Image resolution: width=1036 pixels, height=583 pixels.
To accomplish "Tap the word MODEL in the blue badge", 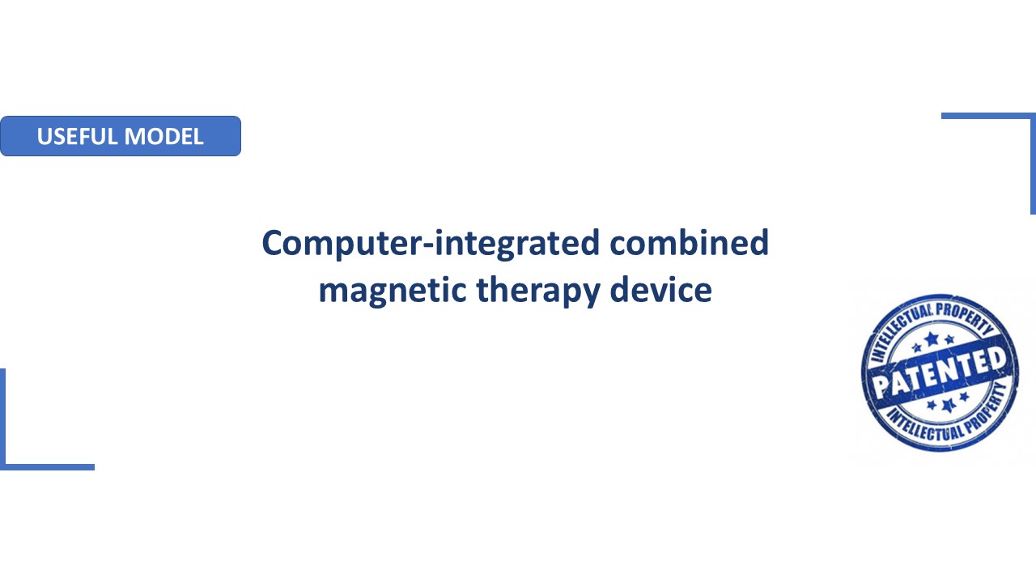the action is pyautogui.click(x=163, y=137).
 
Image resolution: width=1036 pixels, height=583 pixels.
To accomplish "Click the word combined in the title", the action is pyautogui.click(x=689, y=242).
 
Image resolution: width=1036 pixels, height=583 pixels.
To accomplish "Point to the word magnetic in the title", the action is pyautogui.click(x=393, y=291).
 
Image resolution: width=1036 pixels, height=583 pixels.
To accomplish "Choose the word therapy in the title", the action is pyautogui.click(x=538, y=291).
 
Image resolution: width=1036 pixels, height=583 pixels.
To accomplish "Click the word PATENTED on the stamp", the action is pyautogui.click(x=940, y=372).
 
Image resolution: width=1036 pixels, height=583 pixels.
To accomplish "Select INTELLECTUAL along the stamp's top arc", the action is pyautogui.click(x=899, y=331).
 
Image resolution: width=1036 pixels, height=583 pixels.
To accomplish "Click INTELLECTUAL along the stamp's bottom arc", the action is pyautogui.click(x=923, y=426).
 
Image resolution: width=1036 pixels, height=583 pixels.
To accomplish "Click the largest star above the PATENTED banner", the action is pyautogui.click(x=932, y=339).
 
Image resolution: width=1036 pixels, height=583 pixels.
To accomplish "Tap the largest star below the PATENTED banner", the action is pyautogui.click(x=949, y=406).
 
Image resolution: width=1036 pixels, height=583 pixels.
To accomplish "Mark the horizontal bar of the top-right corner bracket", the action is pyautogui.click(x=988, y=116).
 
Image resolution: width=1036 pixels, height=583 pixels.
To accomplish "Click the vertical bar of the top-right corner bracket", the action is pyautogui.click(x=1034, y=164).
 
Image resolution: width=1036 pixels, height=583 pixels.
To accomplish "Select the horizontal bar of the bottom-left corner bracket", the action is pyautogui.click(x=47, y=467).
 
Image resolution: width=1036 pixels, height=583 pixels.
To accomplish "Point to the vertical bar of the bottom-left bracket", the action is pyautogui.click(x=2, y=419).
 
